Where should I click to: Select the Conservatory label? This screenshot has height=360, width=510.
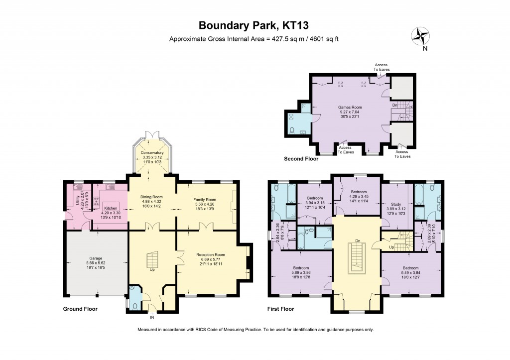[x=152, y=152]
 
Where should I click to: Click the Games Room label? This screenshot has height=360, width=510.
[x=350, y=107]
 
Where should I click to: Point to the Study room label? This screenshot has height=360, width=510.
[x=396, y=204]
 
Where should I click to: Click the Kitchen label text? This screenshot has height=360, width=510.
[x=111, y=208]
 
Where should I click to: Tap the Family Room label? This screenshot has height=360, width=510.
[x=204, y=200]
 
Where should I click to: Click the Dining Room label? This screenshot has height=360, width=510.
[x=152, y=197]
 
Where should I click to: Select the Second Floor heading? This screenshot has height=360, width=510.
[x=301, y=159]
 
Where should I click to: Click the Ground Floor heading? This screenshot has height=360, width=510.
[x=80, y=309]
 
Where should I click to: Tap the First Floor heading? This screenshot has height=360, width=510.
[x=280, y=309]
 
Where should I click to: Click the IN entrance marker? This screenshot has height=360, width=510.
[x=152, y=317]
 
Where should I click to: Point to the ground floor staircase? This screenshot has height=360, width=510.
[x=152, y=260]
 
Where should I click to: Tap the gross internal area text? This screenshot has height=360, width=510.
[x=254, y=39]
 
